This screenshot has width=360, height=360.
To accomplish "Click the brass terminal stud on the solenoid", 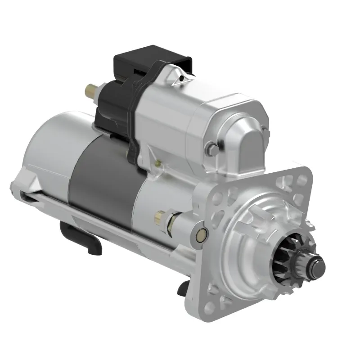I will point(91,92).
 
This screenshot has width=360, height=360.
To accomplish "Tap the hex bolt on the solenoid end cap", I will point(210,149).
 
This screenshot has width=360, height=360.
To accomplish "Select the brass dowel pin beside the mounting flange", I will point(202,233).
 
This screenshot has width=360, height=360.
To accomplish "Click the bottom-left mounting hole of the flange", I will point(210,307).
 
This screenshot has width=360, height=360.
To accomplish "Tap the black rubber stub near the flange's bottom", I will point(183,288).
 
